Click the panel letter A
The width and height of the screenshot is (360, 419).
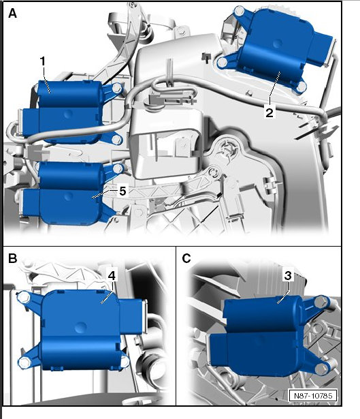[x=12, y=13]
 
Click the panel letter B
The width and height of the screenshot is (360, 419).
[x=12, y=258]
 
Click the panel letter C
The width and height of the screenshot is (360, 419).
[x=186, y=258]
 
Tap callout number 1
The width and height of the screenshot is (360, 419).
[x=43, y=62]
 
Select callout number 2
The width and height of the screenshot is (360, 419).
[x=269, y=112]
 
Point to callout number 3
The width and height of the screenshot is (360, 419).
[x=288, y=275]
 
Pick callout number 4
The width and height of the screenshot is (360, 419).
[x=112, y=275]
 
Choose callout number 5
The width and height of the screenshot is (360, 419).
[x=122, y=191]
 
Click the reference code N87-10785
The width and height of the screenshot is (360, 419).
[x=313, y=395]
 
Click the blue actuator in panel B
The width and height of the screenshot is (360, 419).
[x=80, y=330]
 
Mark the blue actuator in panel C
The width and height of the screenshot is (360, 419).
[x=269, y=336]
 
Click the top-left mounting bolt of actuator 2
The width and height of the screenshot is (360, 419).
[x=239, y=11]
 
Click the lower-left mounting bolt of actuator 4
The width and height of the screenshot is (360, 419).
[x=24, y=362]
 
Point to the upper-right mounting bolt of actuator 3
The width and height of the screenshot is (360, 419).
[x=321, y=302]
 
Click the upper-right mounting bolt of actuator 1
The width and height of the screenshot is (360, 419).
[x=117, y=88]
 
